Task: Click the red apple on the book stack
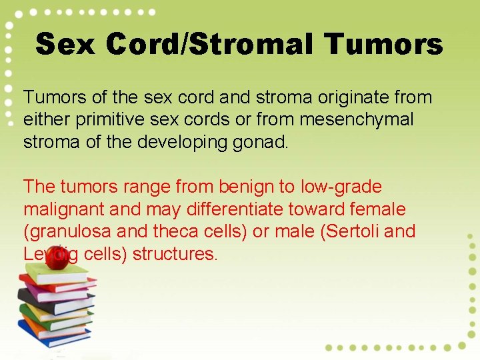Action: pyautogui.click(x=57, y=258)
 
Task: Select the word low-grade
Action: pyautogui.click(x=341, y=187)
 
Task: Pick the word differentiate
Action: pyautogui.click(x=233, y=209)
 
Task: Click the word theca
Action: pyautogui.click(x=153, y=232)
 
